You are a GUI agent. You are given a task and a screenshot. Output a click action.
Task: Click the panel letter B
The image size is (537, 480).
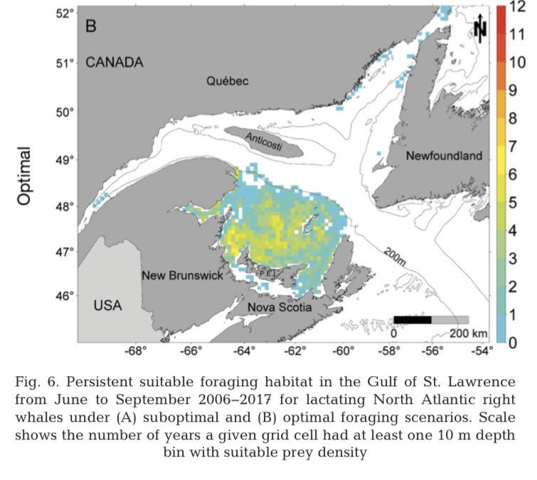(91, 26)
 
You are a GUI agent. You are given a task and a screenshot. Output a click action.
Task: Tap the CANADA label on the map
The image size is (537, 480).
(115, 63)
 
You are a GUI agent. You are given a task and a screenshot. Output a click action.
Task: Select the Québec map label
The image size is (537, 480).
(228, 81)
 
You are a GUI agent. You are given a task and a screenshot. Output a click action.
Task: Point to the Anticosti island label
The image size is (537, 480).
(264, 139)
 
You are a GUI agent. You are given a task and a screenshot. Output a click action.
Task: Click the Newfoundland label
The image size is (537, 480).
(444, 156)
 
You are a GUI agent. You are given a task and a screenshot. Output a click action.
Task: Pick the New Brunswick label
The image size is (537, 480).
(182, 275)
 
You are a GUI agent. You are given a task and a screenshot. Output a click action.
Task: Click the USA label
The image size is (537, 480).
(108, 306)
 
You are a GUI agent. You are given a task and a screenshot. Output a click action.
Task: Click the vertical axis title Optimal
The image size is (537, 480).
(24, 176)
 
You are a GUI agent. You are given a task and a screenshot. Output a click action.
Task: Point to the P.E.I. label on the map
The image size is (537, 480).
(267, 271)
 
